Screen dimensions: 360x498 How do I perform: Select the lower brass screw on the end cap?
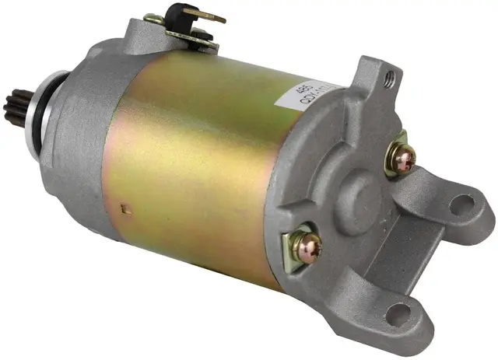tap(304, 246)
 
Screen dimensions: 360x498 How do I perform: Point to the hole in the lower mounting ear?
tap(399, 314)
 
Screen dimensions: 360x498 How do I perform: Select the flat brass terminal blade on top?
tap(206, 16)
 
